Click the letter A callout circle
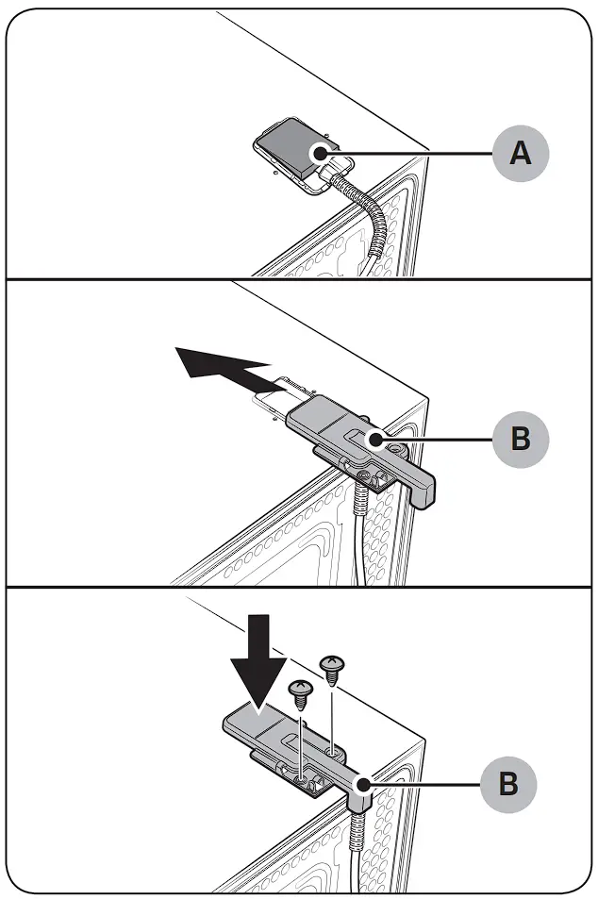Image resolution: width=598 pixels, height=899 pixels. pyautogui.click(x=520, y=153)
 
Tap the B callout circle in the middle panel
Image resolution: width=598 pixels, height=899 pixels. pyautogui.click(x=520, y=440)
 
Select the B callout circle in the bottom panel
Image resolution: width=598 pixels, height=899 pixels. pyautogui.click(x=508, y=784)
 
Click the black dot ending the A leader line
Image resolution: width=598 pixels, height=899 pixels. pyautogui.click(x=322, y=152)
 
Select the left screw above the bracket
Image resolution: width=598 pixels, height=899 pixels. pyautogui.click(x=300, y=697)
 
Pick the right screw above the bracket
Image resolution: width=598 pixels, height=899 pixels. pyautogui.click(x=332, y=672)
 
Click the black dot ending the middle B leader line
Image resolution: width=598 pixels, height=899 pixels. pyautogui.click(x=375, y=440)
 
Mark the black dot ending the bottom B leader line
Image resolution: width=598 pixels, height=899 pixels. pyautogui.click(x=362, y=784)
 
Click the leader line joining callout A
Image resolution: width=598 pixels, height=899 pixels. pyautogui.click(x=406, y=153)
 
